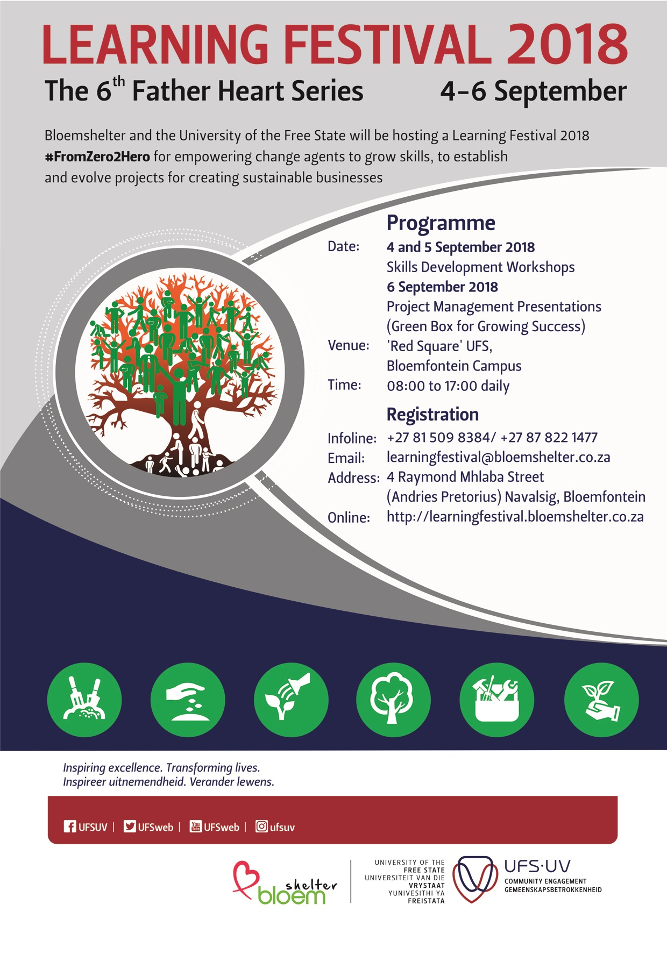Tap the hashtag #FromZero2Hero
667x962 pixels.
(97, 156)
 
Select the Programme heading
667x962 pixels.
(441, 223)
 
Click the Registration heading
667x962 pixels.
(432, 414)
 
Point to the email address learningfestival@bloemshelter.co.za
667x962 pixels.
(498, 457)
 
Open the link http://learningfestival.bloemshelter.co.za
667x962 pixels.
(515, 517)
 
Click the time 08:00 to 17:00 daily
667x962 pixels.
(448, 386)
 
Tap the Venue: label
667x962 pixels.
(349, 345)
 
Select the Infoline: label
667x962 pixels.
(352, 438)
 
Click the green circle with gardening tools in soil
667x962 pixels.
(84, 700)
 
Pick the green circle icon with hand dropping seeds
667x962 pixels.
(188, 700)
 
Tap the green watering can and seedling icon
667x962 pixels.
(291, 700)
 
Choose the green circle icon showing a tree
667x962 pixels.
(394, 700)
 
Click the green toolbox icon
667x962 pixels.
(497, 700)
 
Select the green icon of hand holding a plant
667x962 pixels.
(601, 700)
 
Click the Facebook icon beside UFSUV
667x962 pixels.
(70, 826)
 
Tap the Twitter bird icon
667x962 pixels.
(130, 826)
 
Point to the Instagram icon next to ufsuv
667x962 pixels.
(261, 826)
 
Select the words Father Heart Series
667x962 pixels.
(247, 91)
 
